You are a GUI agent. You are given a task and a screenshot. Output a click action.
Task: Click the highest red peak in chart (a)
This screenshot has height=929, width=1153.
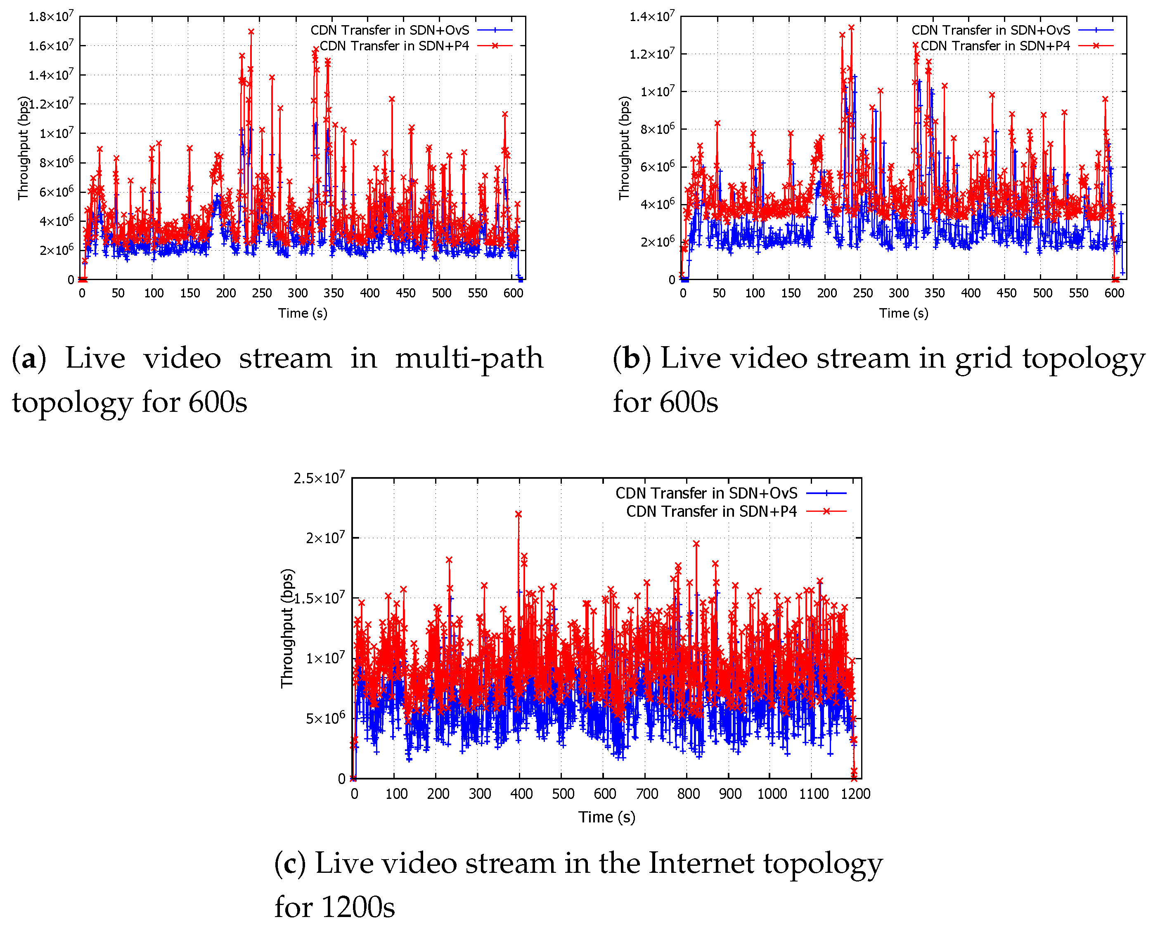point(251,31)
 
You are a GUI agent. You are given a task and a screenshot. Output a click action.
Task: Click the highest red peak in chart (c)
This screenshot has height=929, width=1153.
point(518,514)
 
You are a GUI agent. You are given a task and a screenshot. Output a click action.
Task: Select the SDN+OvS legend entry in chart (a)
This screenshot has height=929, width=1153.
point(390,30)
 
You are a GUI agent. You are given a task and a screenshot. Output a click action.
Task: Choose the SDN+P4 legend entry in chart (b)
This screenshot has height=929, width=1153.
point(995,46)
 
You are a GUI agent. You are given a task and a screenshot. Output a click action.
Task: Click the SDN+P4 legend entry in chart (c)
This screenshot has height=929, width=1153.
point(712,512)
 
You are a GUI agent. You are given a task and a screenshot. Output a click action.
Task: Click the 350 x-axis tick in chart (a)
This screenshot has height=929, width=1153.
point(333,293)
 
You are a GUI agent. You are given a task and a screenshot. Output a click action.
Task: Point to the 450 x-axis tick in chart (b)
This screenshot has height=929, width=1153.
point(1006,293)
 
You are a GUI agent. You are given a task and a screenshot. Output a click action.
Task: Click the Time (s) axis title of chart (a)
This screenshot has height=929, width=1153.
point(303,314)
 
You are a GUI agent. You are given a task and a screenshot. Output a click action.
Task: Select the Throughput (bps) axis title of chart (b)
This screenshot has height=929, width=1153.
point(624,148)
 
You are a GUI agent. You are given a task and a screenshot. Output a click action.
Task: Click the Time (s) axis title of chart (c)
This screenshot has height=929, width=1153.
point(606,817)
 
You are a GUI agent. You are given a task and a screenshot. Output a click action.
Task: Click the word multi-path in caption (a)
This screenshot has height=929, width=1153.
point(469,358)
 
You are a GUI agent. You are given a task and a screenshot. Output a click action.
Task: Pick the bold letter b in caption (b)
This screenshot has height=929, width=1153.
point(632,358)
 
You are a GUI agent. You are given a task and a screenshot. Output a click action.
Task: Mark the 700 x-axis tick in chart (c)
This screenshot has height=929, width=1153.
point(646,794)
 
